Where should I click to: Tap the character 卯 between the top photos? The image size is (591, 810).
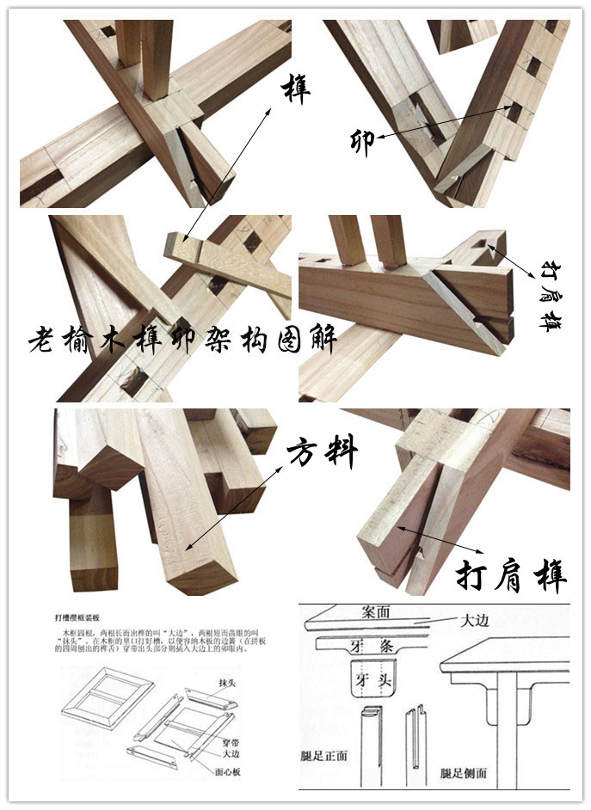[362, 140]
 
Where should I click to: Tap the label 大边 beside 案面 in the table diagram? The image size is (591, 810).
[475, 620]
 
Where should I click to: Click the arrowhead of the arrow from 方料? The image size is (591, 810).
[186, 547]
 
